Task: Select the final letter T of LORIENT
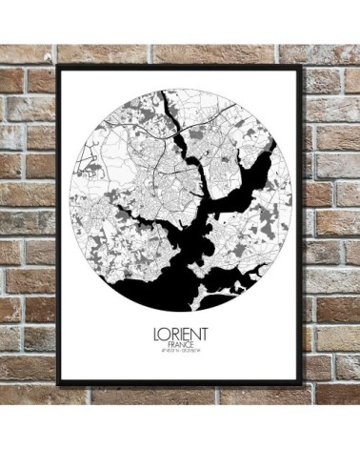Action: coord(204,335)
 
